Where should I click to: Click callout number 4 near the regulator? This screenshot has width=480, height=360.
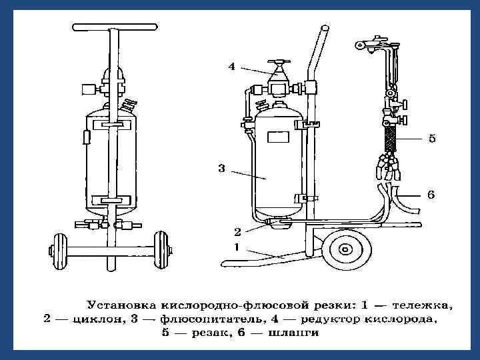(x=231, y=66)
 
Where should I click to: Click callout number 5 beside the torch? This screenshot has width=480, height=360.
(x=431, y=139)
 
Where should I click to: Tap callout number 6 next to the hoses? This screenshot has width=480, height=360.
(x=431, y=195)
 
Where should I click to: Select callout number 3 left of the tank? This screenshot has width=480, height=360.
(x=222, y=169)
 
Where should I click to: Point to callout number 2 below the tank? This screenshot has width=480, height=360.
(x=237, y=233)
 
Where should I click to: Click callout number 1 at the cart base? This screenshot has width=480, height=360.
(x=237, y=246)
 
